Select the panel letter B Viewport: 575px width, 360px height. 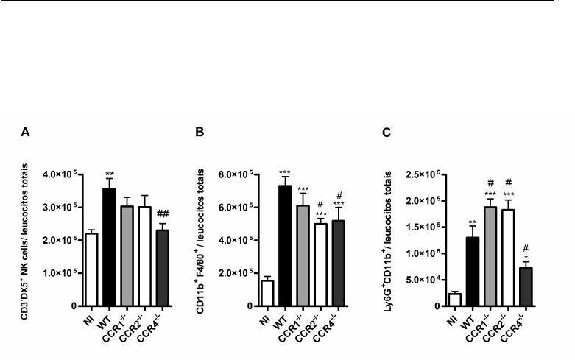click(198, 133)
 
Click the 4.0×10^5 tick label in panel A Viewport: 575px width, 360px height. click(61, 174)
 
